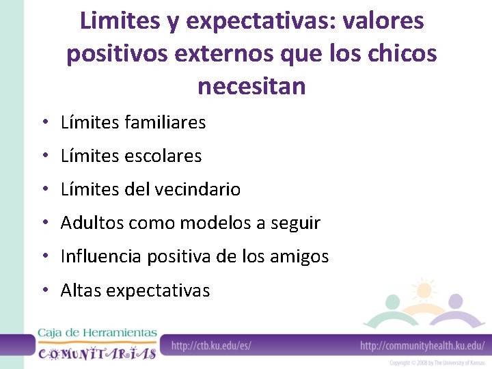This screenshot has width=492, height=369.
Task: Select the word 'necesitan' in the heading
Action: pos(251,87)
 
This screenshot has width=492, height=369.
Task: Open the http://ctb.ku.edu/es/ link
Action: pos(211,346)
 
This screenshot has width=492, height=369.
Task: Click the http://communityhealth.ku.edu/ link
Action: pos(422,346)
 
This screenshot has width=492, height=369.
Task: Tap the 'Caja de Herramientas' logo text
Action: pos(97,333)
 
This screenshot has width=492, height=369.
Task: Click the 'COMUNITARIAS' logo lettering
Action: pos(97,353)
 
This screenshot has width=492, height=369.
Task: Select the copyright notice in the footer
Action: pos(437,364)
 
